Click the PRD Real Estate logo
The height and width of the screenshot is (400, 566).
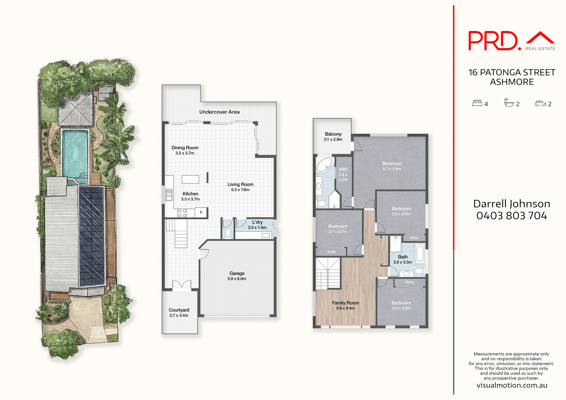pyautogui.click(x=511, y=41)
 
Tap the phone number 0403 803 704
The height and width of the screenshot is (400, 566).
pyautogui.click(x=511, y=216)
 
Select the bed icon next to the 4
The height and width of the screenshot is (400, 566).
pyautogui.click(x=477, y=103)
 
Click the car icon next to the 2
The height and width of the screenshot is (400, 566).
pyautogui.click(x=540, y=103)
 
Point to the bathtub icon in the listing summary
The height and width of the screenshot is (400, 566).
pyautogui.click(x=509, y=103)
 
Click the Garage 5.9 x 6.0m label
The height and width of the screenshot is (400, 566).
pyautogui.click(x=237, y=276)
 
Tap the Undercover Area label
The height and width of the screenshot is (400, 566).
pyautogui.click(x=219, y=112)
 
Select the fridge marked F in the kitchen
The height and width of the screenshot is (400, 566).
pyautogui.click(x=201, y=212)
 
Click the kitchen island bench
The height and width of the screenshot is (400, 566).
pyautogui.click(x=190, y=179)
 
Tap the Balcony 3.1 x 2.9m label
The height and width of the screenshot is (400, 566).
pyautogui.click(x=333, y=136)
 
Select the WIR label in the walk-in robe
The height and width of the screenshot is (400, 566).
pyautogui.click(x=343, y=169)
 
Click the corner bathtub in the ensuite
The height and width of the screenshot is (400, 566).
pyautogui.click(x=325, y=165)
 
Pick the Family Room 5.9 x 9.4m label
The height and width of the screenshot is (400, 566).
pyautogui.click(x=345, y=305)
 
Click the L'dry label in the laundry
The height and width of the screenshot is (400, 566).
pyautogui.click(x=257, y=222)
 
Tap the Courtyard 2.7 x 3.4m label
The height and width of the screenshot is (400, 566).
pyautogui.click(x=179, y=312)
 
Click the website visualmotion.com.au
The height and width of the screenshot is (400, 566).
pyautogui.click(x=512, y=385)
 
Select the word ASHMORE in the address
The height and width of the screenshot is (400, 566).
pyautogui.click(x=512, y=82)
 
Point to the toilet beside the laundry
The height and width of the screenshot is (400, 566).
pyautogui.click(x=228, y=233)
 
